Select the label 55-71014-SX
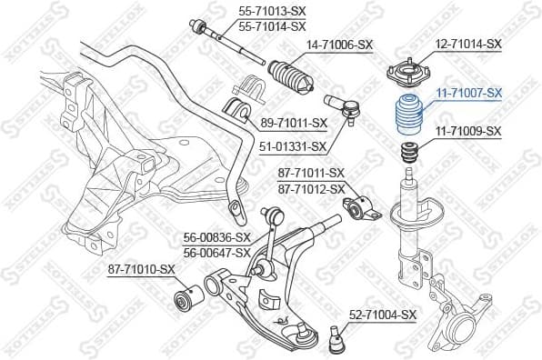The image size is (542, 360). click(x=271, y=27)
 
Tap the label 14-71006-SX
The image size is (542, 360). click(x=339, y=45)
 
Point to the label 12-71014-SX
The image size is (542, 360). click(x=468, y=44)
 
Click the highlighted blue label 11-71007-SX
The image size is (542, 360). click(x=468, y=93)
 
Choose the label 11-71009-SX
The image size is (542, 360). click(x=468, y=131)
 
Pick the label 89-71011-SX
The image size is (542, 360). click(x=294, y=122)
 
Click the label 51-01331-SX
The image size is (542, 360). click(x=294, y=145)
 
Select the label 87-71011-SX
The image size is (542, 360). click(x=312, y=172)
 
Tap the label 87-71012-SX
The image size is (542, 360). click(x=312, y=188)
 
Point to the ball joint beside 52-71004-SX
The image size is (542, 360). click(x=333, y=338)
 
